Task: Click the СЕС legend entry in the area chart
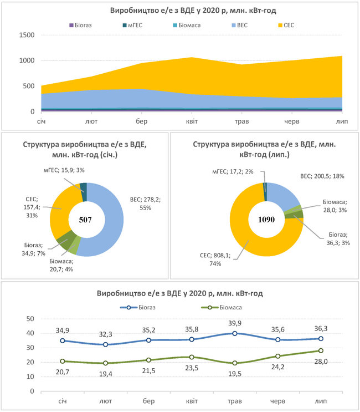(290, 25)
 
